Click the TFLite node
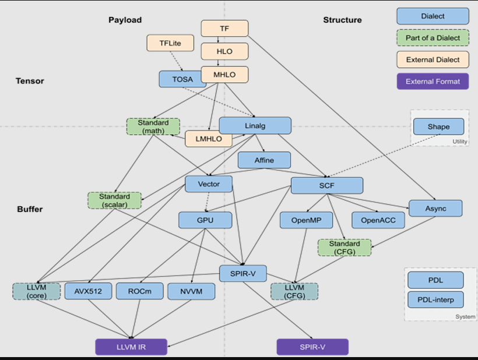170,43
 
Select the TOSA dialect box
182,79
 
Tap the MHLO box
224,75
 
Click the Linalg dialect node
255,126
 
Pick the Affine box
264,160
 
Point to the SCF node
326,186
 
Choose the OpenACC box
378,220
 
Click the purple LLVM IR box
131,347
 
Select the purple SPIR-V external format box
312,347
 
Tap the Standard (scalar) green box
115,200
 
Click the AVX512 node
88,291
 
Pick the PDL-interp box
435,300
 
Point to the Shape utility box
438,126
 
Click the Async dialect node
435,209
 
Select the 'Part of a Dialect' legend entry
433,38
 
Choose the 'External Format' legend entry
433,82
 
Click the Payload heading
125,20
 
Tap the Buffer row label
30,209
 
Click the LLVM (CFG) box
294,291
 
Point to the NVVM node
191,291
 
